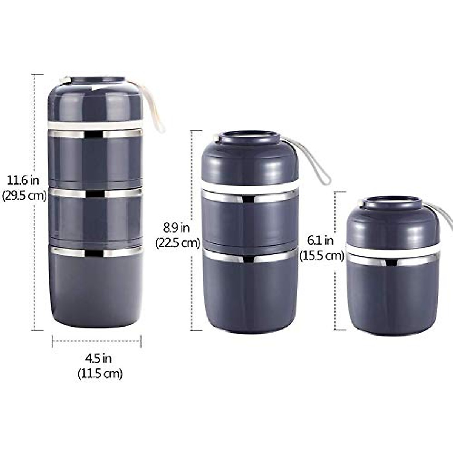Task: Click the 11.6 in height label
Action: click(x=23, y=180)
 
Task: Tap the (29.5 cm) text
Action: click(x=24, y=196)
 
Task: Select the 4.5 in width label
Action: click(x=98, y=358)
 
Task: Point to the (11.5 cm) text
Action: click(x=100, y=374)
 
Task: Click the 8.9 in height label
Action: click(x=176, y=228)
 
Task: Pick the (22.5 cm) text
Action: click(x=177, y=243)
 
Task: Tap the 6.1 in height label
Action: click(x=320, y=240)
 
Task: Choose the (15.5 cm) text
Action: click(x=322, y=256)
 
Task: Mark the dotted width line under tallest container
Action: click(x=96, y=341)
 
